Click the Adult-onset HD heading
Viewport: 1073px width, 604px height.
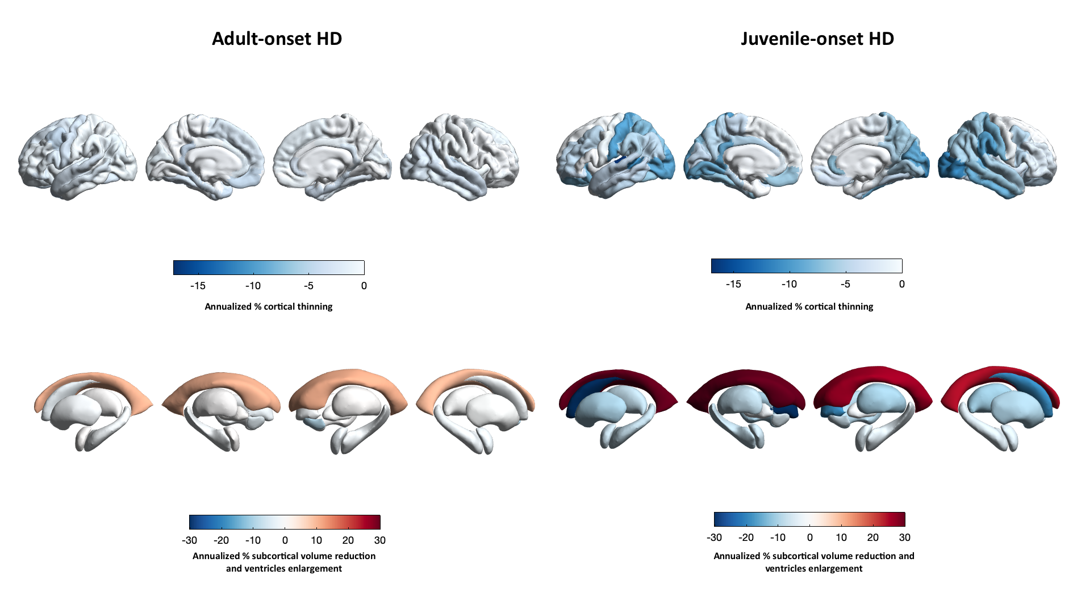click(x=277, y=39)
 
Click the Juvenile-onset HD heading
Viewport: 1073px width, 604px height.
click(x=817, y=39)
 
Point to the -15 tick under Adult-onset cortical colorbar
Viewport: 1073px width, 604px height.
click(x=198, y=286)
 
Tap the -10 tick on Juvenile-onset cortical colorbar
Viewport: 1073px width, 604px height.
click(x=789, y=284)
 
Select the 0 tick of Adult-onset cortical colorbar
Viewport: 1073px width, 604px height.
click(x=364, y=286)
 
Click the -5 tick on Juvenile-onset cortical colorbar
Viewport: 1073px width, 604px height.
click(x=845, y=284)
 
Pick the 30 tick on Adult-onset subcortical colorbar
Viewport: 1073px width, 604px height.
click(x=380, y=540)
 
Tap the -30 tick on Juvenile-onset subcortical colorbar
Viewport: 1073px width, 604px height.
click(x=714, y=538)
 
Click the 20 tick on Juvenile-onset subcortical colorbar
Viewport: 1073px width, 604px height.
click(x=873, y=538)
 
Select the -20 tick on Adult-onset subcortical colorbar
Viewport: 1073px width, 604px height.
click(x=221, y=540)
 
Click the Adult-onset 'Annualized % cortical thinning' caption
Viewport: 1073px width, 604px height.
click(x=269, y=307)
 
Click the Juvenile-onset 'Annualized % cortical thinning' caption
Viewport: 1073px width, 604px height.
click(x=809, y=307)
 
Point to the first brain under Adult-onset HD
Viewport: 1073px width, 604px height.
click(x=78, y=157)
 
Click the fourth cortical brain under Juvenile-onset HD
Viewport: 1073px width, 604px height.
click(x=997, y=155)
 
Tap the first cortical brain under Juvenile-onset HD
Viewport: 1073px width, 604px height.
click(x=616, y=155)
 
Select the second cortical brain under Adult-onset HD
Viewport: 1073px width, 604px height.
click(x=205, y=157)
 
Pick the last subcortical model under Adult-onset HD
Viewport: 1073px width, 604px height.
click(x=475, y=410)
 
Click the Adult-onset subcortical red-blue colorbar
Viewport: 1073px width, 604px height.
click(x=285, y=522)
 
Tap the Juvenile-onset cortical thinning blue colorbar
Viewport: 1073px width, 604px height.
click(x=807, y=266)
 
